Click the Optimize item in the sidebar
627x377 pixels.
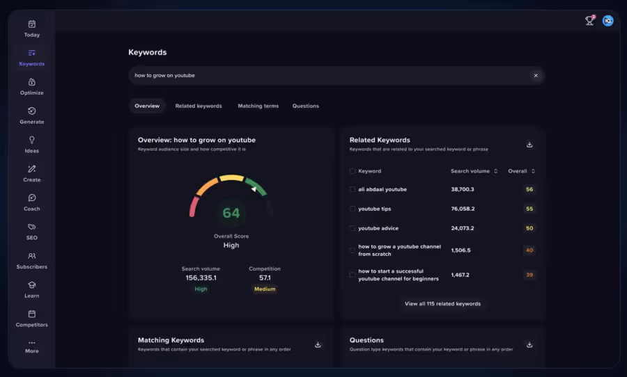(31, 86)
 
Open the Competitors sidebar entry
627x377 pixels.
(31, 319)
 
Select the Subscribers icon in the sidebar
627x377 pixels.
(31, 256)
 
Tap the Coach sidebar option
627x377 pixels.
(31, 202)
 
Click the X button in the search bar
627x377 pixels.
(536, 75)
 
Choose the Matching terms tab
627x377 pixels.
(258, 106)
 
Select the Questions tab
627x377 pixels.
(305, 106)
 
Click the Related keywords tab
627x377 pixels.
(199, 106)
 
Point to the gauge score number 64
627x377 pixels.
(231, 213)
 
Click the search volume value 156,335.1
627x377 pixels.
(201, 278)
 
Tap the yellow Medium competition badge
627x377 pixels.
(265, 289)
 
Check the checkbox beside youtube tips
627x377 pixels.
(353, 209)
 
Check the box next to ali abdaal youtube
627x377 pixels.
(353, 189)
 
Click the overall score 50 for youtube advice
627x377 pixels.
(529, 228)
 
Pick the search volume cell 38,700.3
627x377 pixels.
(463, 189)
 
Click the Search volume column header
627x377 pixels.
(470, 171)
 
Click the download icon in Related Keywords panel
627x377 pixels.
(529, 145)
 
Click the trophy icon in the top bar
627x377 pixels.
(589, 21)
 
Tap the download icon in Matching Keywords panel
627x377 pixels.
(318, 344)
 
